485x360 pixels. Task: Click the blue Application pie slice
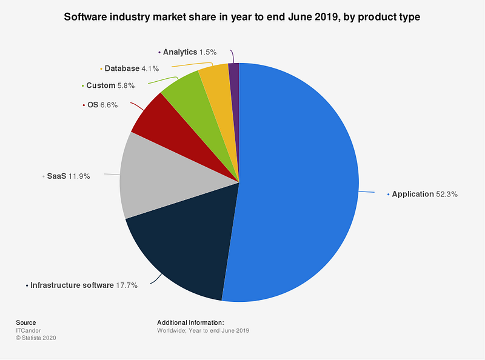coord(297,182)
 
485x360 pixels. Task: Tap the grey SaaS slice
coord(152,176)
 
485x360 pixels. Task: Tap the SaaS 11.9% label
coord(69,177)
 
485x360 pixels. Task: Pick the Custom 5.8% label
coord(110,85)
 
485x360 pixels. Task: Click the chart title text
coord(242,17)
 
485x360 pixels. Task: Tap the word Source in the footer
coord(26,322)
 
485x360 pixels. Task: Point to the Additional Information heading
coord(190,322)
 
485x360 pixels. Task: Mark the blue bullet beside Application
coord(388,195)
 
